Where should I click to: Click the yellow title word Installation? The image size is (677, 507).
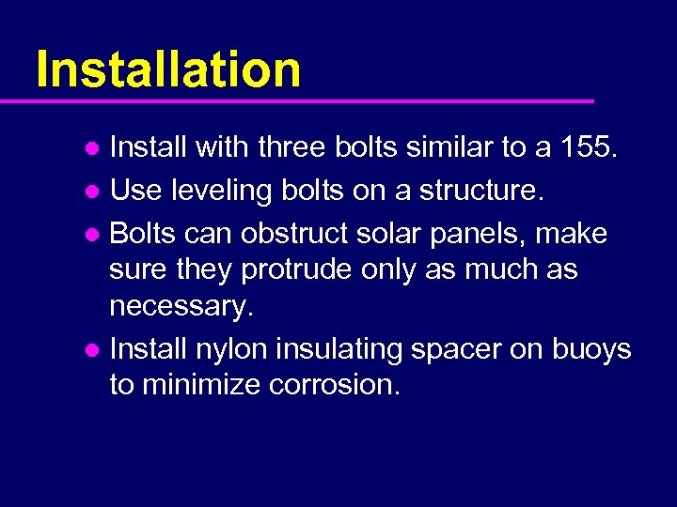point(168,69)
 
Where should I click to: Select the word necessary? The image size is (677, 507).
point(181,307)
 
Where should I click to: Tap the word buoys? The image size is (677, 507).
point(591,349)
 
